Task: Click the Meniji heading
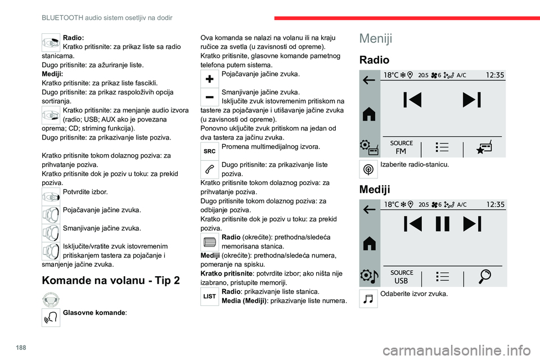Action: click(x=376, y=38)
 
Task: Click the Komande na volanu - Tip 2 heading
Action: click(x=111, y=281)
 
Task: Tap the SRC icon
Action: click(x=209, y=150)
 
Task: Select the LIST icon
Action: click(x=209, y=296)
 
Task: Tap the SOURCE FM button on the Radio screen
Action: click(x=401, y=147)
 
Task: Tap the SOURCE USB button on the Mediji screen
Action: click(x=401, y=276)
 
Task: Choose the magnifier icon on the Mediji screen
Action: click(x=485, y=276)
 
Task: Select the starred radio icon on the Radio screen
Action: click(x=485, y=147)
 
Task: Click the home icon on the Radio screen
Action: click(x=370, y=114)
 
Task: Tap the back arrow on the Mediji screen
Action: click(x=370, y=209)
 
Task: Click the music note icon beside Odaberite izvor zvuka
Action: click(x=369, y=298)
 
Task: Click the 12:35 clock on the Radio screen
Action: click(x=494, y=75)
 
